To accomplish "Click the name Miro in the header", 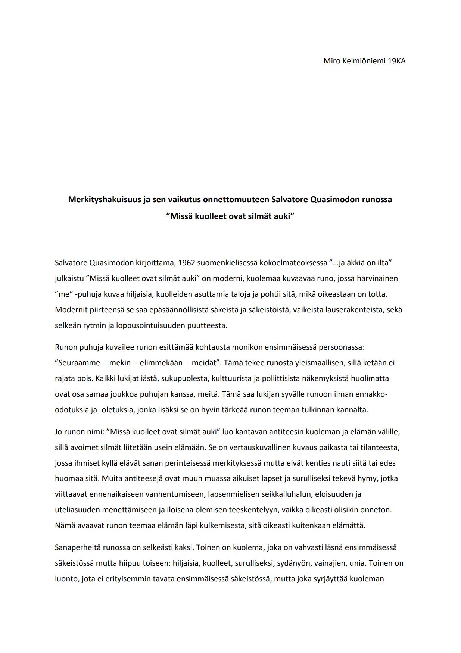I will (331, 61).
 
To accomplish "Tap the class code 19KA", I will (396, 61).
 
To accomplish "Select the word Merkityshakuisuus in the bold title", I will (105, 200).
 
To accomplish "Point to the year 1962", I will (186, 263).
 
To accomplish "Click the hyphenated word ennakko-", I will (371, 394).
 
